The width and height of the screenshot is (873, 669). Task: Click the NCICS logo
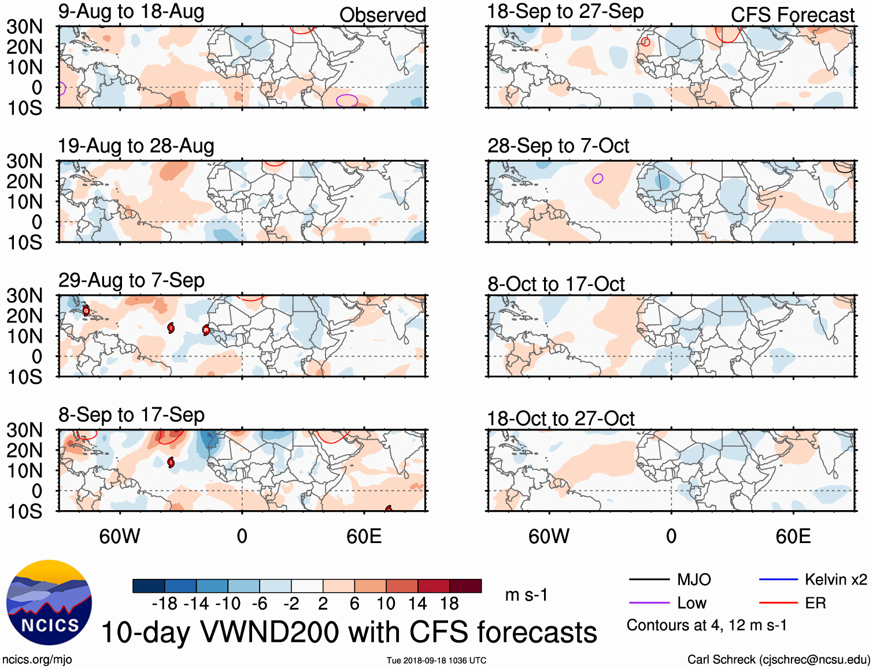tap(49, 603)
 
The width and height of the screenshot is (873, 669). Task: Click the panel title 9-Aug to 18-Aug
tap(131, 12)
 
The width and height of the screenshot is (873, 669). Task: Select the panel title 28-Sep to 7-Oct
tap(558, 146)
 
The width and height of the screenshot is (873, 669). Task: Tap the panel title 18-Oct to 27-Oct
tap(560, 419)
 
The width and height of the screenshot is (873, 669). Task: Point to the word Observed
tap(382, 15)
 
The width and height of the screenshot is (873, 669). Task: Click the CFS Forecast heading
tap(792, 15)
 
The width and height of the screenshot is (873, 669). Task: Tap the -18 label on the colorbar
tap(164, 604)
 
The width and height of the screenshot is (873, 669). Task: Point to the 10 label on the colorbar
tap(386, 604)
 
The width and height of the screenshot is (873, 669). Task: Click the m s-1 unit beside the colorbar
tap(526, 595)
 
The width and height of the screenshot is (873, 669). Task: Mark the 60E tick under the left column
tap(364, 536)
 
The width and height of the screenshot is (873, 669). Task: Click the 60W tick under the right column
tap(549, 536)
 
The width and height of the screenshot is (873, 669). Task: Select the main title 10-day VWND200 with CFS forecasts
tap(349, 632)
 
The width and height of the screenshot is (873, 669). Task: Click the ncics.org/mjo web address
tap(37, 660)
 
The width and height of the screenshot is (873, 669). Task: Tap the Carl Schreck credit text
tap(778, 660)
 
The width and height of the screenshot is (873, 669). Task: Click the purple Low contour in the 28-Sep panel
tap(598, 179)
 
